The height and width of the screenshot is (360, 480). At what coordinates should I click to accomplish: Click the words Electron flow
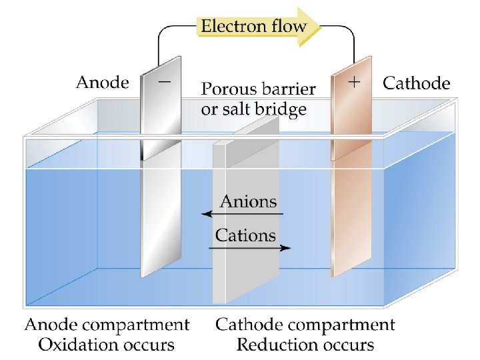tap(253, 27)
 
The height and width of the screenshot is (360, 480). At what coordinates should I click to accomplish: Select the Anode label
tap(102, 83)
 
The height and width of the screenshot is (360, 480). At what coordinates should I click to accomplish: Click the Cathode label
tap(416, 83)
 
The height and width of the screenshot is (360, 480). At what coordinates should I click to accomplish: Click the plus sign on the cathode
tap(355, 82)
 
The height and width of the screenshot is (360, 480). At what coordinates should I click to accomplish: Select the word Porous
tap(229, 89)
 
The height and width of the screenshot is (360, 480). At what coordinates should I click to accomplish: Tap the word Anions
tap(248, 201)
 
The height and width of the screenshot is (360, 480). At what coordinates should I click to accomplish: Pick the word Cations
tap(245, 235)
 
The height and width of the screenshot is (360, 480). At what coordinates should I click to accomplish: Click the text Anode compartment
tap(107, 325)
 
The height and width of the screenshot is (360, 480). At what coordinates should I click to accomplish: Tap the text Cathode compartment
tap(305, 325)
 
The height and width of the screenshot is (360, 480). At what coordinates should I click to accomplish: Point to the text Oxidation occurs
tap(107, 345)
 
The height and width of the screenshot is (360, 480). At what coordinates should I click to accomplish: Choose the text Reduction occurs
tap(305, 345)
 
